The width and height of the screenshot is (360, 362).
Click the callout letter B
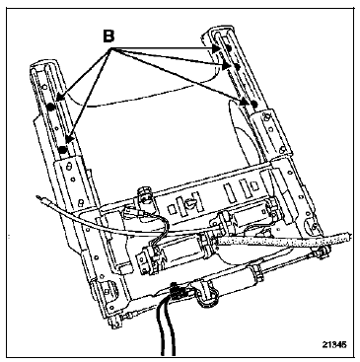point(108,36)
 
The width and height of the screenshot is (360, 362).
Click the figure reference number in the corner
point(333,345)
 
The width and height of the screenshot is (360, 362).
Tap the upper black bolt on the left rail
point(50,107)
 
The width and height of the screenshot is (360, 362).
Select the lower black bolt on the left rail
point(63,150)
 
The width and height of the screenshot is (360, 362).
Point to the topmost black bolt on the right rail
point(229,48)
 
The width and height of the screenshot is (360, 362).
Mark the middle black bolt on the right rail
point(237,66)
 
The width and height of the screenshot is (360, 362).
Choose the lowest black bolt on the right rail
point(253,105)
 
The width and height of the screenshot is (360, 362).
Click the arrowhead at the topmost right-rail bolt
point(216,48)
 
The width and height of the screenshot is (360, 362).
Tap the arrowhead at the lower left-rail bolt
point(67,140)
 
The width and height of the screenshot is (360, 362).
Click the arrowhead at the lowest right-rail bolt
point(244,102)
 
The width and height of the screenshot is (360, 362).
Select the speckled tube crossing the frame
point(284,239)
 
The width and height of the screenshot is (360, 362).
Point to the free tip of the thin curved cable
point(38,197)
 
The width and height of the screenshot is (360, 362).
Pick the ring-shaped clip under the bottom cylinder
point(207,297)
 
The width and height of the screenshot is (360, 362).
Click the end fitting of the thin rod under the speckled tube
point(323,253)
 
